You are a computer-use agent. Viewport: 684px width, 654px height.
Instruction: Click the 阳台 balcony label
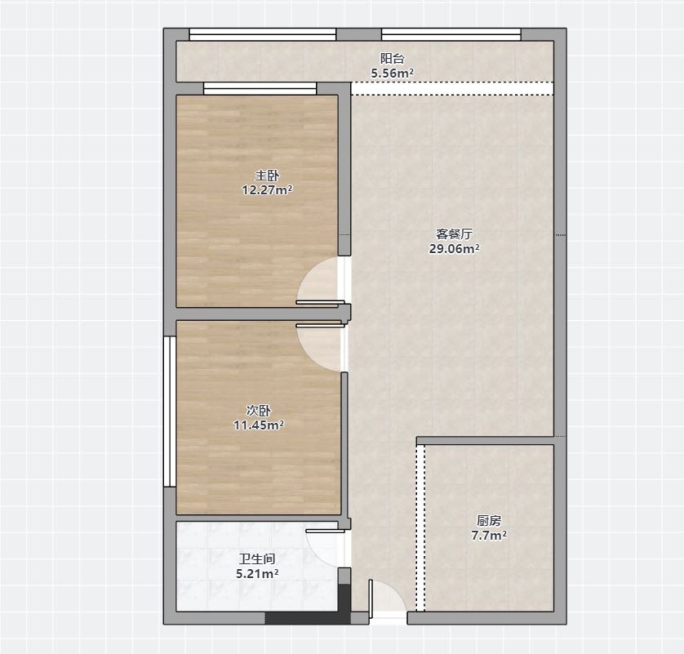pos(392,59)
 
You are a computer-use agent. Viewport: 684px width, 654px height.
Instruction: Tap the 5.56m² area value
pos(392,73)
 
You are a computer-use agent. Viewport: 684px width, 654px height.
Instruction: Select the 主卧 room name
pos(267,176)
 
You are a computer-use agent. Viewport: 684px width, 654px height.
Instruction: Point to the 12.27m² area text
pos(267,189)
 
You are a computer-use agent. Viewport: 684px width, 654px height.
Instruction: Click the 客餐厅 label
pos(454,234)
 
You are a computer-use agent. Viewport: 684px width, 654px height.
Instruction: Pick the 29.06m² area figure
pos(454,249)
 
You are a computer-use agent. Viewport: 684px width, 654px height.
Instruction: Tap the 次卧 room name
pos(259,411)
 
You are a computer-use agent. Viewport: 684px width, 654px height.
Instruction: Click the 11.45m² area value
pos(259,425)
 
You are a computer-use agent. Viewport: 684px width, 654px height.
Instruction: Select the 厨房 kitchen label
pos(489,521)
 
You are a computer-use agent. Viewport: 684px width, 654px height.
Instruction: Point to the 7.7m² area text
pos(489,536)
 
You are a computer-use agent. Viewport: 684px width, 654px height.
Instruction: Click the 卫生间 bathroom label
pos(257,559)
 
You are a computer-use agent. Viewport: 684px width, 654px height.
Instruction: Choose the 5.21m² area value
pos(257,574)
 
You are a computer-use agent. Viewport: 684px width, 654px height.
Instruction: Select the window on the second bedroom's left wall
pos(170,411)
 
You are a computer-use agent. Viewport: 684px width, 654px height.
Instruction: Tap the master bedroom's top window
pos(260,88)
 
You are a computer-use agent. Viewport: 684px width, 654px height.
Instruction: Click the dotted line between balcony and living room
pos(452,88)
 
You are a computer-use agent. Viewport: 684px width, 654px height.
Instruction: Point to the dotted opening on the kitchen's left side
pos(420,528)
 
